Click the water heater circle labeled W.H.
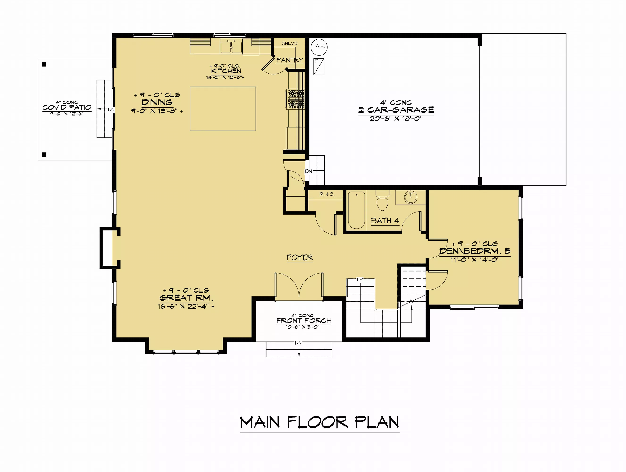pyautogui.click(x=319, y=47)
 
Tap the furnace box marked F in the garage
pyautogui.click(x=319, y=67)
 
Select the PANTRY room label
pyautogui.click(x=290, y=60)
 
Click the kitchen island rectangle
pyautogui.click(x=223, y=109)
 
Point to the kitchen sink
pyautogui.click(x=231, y=46)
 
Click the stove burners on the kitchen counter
pyautogui.click(x=296, y=99)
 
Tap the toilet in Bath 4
pyautogui.click(x=382, y=200)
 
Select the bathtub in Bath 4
pyautogui.click(x=356, y=210)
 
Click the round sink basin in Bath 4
pyautogui.click(x=410, y=197)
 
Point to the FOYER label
pyautogui.click(x=300, y=257)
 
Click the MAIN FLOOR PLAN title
pyautogui.click(x=320, y=423)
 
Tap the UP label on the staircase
pyautogui.click(x=360, y=279)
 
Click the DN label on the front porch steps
pyautogui.click(x=298, y=343)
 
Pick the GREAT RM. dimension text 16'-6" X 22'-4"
pyautogui.click(x=186, y=306)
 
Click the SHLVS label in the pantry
pyautogui.click(x=289, y=43)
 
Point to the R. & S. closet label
pyautogui.click(x=327, y=194)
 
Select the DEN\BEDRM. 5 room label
pyautogui.click(x=475, y=251)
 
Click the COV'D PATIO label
pyautogui.click(x=67, y=107)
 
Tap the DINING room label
pyautogui.click(x=157, y=102)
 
